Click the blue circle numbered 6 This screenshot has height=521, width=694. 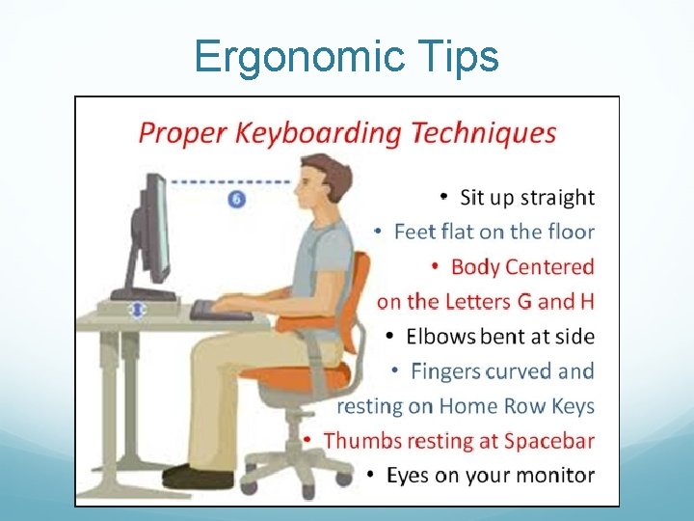click(237, 199)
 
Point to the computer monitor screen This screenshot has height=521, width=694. click(158, 232)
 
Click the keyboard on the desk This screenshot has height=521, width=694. click(221, 311)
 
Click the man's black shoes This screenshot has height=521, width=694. click(198, 475)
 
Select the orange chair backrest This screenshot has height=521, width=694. click(356, 299)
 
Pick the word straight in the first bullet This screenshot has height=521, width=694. click(557, 198)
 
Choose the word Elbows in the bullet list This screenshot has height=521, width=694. click(440, 337)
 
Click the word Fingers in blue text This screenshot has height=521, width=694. click(446, 370)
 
